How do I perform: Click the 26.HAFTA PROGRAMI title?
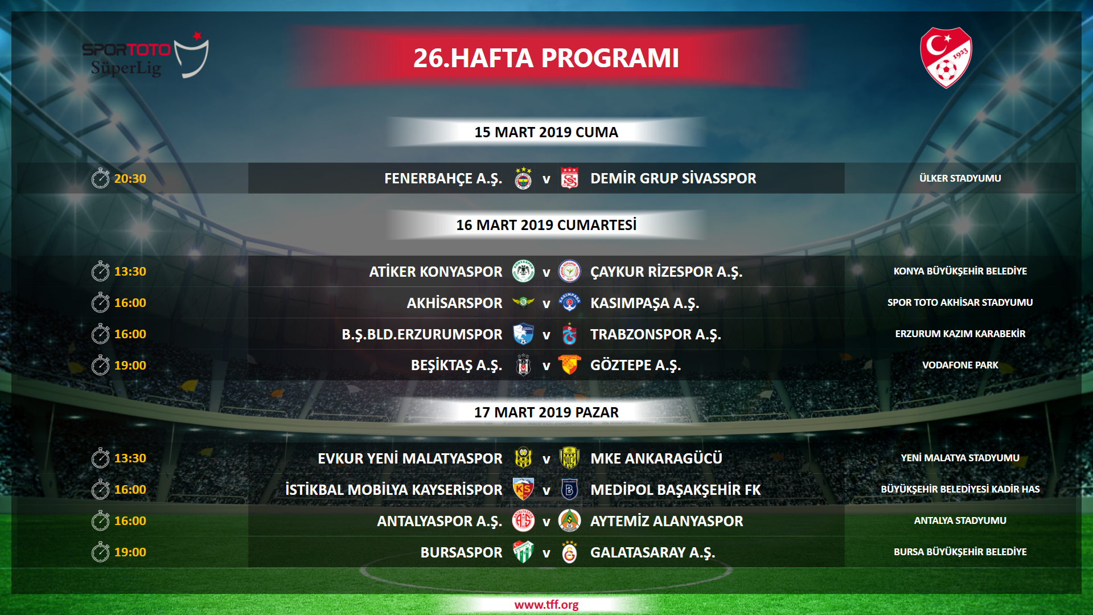(x=546, y=58)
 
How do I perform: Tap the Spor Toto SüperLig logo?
(x=146, y=56)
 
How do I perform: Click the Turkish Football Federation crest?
(x=946, y=58)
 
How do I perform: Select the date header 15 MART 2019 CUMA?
(x=546, y=132)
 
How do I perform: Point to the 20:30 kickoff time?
(x=130, y=178)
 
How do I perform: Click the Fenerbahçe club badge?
(x=523, y=178)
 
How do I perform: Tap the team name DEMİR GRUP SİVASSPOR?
(x=673, y=178)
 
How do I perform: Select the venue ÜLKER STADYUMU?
(x=960, y=178)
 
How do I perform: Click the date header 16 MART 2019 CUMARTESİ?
(x=546, y=225)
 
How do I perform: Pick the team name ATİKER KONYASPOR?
(x=435, y=272)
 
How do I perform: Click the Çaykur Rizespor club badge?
(x=569, y=271)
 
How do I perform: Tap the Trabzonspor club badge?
(x=569, y=334)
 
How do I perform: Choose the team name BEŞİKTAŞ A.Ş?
(x=457, y=366)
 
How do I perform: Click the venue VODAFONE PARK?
(x=960, y=365)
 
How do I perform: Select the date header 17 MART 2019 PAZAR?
(x=546, y=412)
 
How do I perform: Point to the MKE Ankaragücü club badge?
(x=569, y=458)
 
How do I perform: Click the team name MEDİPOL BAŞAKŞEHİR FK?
(x=675, y=490)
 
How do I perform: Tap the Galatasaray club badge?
(x=569, y=552)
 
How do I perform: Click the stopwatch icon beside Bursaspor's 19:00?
(x=100, y=551)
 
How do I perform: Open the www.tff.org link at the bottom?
(x=546, y=605)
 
